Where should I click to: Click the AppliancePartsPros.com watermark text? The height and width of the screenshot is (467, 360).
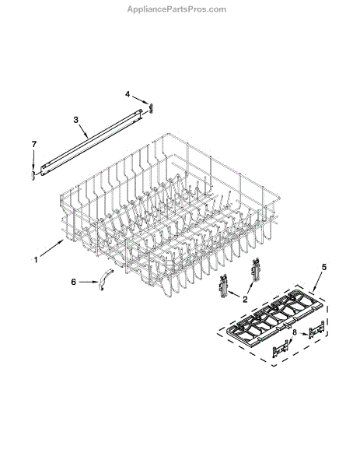tap(177, 9)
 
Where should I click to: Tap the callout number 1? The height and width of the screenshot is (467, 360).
tap(36, 260)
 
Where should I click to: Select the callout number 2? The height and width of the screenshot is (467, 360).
tap(245, 300)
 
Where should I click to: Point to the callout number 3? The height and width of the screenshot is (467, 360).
tap(76, 120)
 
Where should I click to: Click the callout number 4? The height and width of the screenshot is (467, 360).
tap(128, 94)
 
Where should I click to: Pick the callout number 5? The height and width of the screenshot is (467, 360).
tap(324, 267)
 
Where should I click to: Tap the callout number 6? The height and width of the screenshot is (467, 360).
tap(74, 282)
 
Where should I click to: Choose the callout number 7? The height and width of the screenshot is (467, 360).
tap(34, 145)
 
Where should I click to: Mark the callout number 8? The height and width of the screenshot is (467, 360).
tap(294, 332)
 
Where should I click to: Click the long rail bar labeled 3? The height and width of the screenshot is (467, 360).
tap(92, 142)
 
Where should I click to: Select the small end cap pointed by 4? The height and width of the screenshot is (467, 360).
tap(151, 108)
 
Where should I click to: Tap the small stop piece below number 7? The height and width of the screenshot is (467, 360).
tap(33, 175)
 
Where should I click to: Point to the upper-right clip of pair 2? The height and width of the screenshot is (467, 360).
tap(256, 269)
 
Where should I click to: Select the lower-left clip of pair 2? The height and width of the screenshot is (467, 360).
tap(223, 286)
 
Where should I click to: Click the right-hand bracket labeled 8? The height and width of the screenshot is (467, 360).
tap(316, 329)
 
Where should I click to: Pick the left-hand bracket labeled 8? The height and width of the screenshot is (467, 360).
tap(280, 349)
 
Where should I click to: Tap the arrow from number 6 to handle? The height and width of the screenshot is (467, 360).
tap(88, 282)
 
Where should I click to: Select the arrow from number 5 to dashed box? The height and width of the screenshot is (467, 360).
tap(316, 281)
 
